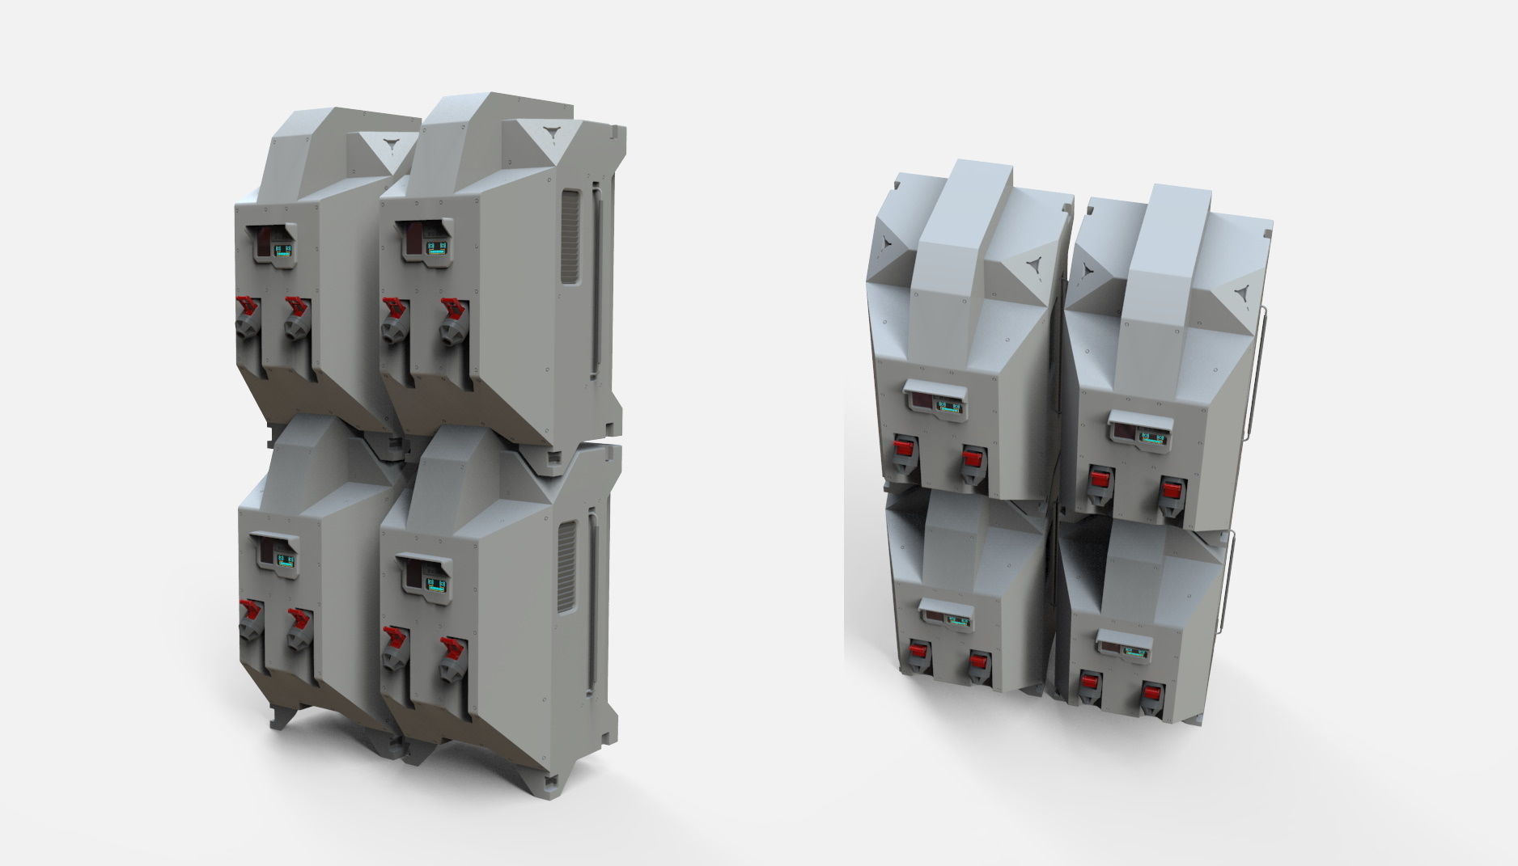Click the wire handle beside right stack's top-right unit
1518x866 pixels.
coord(1258,372)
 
